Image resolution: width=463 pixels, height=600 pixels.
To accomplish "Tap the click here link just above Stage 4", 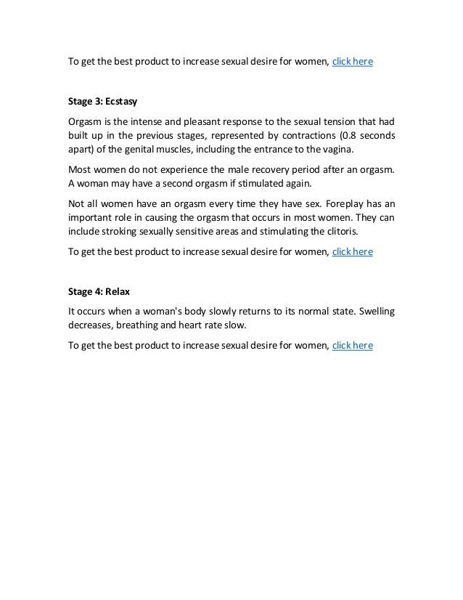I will [x=352, y=252].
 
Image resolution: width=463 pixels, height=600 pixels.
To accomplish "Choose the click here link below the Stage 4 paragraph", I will [x=352, y=346].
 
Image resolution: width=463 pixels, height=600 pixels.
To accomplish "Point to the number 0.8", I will [x=351, y=136].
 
